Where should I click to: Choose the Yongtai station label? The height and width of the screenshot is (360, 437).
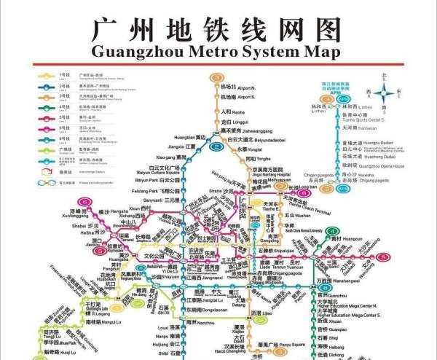244,149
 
